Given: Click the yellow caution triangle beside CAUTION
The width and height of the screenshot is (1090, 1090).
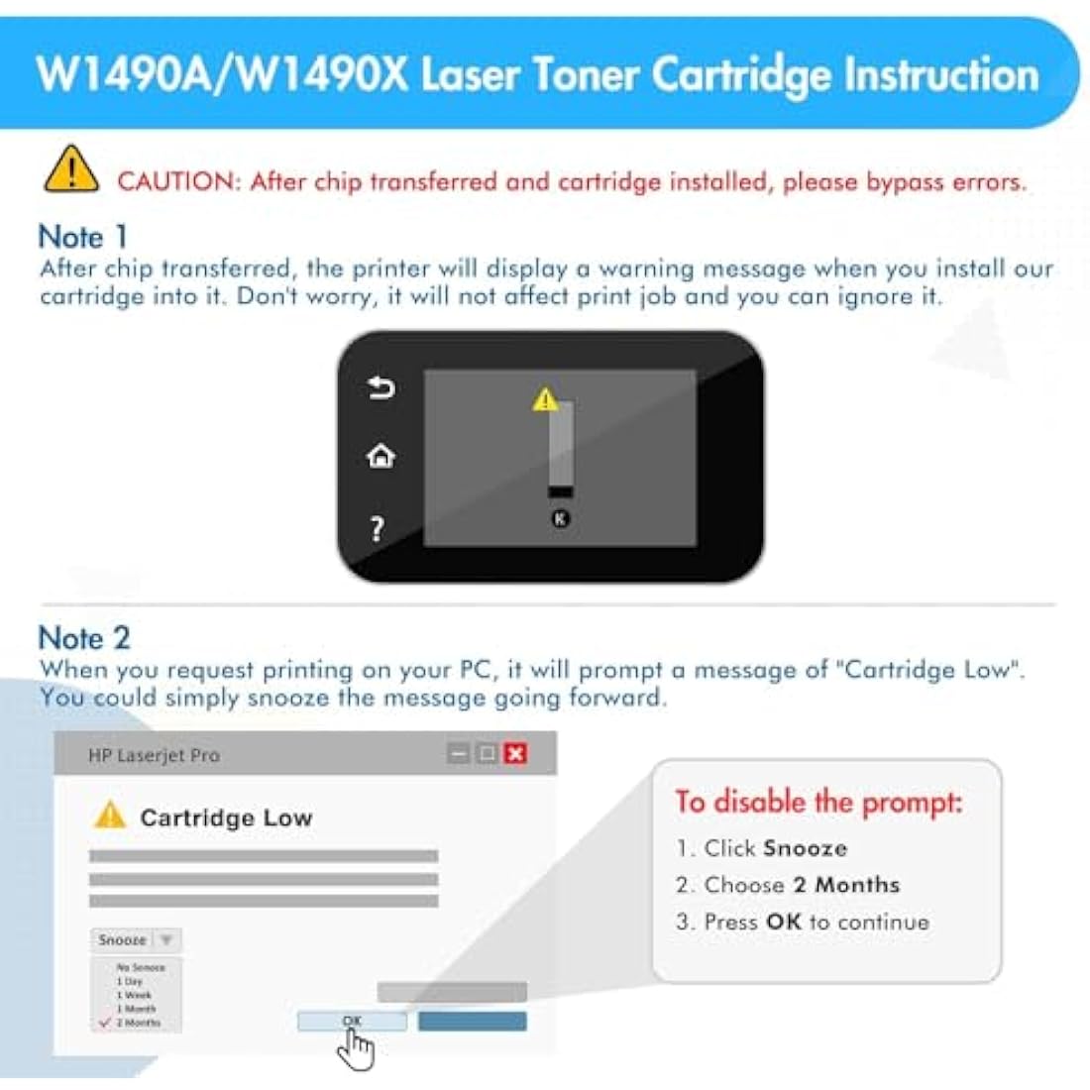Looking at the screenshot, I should click(71, 170).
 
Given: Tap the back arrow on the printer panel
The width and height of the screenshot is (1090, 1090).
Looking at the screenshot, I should click(381, 387).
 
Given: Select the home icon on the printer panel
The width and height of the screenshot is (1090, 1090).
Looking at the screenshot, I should click(381, 456).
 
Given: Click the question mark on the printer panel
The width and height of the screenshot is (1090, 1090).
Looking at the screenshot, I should click(378, 529).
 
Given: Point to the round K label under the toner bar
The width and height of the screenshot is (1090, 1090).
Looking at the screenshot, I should click(561, 518).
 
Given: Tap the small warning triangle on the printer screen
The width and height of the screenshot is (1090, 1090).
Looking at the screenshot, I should click(545, 399).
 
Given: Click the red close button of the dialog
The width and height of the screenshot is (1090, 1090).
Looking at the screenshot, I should click(515, 753).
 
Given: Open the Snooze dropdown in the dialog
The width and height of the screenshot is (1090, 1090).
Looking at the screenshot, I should click(137, 939).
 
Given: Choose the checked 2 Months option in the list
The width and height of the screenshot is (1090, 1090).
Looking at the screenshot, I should click(138, 1022).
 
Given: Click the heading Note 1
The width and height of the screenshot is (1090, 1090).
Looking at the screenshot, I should click(83, 237).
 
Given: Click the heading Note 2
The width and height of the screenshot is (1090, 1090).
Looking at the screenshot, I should click(84, 638).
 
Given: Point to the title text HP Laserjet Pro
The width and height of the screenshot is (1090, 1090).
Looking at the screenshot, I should click(155, 755).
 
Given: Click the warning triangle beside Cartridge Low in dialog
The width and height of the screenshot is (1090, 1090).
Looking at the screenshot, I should click(110, 816).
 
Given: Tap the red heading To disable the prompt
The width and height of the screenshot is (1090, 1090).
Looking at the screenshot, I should click(818, 801).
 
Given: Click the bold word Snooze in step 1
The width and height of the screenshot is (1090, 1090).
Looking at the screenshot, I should click(805, 848).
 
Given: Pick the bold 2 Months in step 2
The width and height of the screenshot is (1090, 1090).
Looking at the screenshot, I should click(846, 885).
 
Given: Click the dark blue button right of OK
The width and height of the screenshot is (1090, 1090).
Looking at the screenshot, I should click(472, 1021).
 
